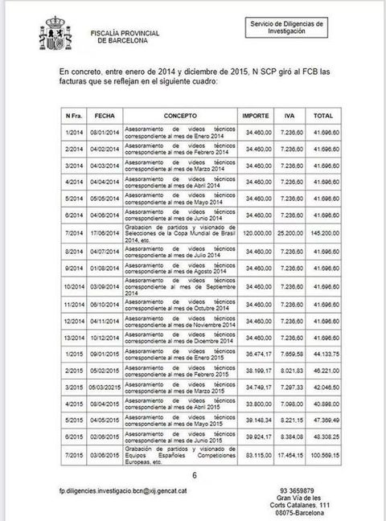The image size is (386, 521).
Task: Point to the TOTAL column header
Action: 323,116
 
